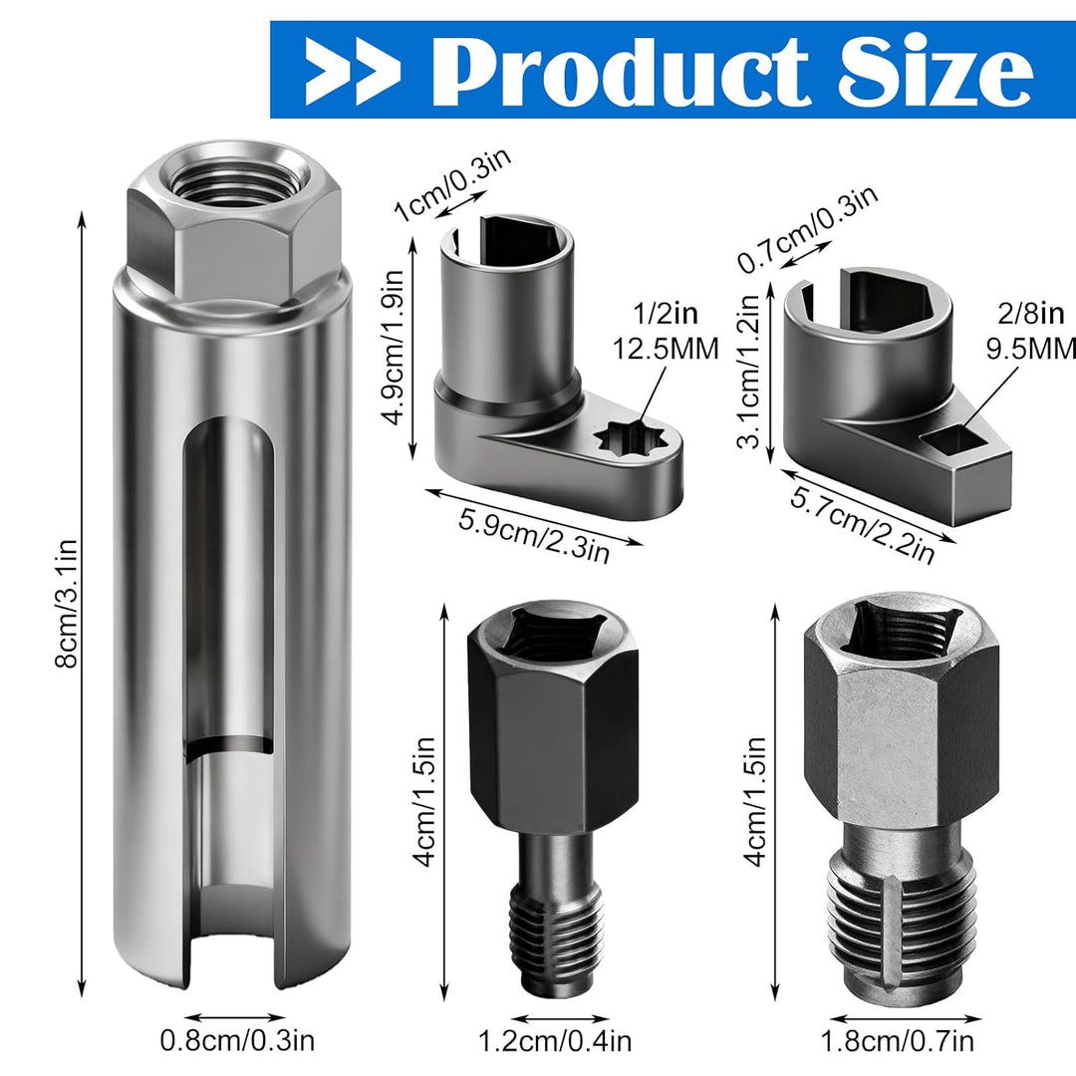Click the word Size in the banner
tap(935, 71)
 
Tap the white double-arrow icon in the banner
tap(353, 72)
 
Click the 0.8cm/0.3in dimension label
tap(237, 1040)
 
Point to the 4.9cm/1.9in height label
tap(394, 348)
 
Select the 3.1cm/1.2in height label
tap(748, 371)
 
